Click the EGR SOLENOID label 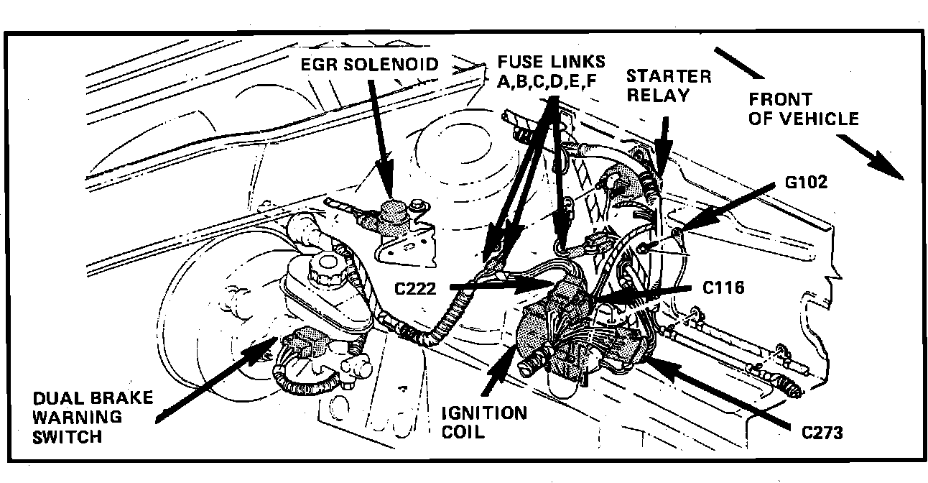(x=371, y=65)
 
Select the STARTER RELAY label (x=669, y=85)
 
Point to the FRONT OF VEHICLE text (x=803, y=109)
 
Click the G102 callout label (x=807, y=183)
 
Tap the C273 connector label (x=822, y=433)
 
